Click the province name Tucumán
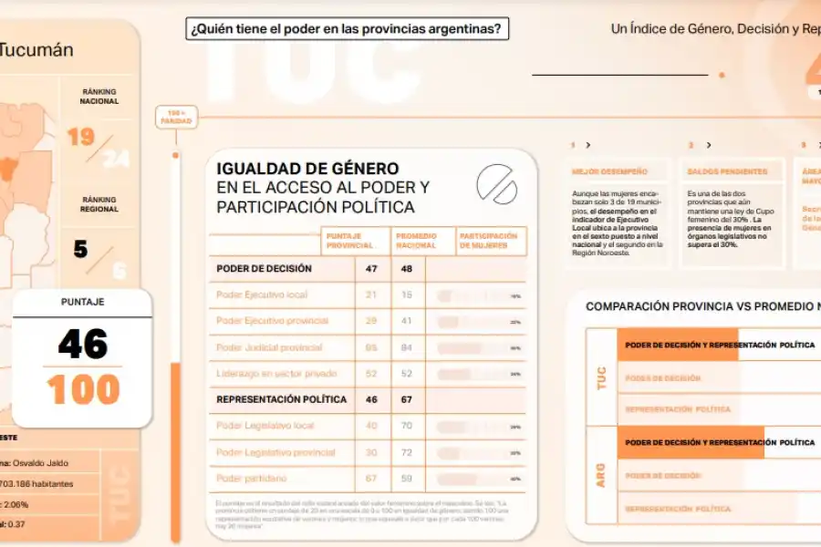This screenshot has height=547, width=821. click(36, 50)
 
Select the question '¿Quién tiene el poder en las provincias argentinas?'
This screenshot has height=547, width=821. click(347, 29)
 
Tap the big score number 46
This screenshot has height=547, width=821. click(83, 345)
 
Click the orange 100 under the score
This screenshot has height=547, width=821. click(83, 390)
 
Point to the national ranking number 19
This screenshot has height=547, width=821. click(81, 138)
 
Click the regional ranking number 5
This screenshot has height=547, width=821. click(81, 248)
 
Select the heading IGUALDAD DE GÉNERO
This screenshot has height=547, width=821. click(307, 169)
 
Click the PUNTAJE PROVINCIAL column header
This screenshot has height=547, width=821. click(349, 241)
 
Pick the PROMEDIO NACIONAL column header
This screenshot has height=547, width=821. click(416, 241)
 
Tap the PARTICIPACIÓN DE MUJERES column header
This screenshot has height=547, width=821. click(489, 241)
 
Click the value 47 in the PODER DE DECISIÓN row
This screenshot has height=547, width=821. click(371, 269)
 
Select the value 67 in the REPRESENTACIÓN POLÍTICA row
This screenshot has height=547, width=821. click(406, 399)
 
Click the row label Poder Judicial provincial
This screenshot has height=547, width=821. click(269, 347)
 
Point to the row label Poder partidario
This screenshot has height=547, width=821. click(253, 478)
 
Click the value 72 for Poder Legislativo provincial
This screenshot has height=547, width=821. click(406, 452)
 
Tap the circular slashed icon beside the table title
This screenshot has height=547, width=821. click(496, 185)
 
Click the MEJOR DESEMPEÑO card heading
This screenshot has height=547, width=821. click(609, 171)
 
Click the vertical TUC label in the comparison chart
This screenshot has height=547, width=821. click(601, 378)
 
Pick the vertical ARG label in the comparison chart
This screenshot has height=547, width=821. click(601, 475)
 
